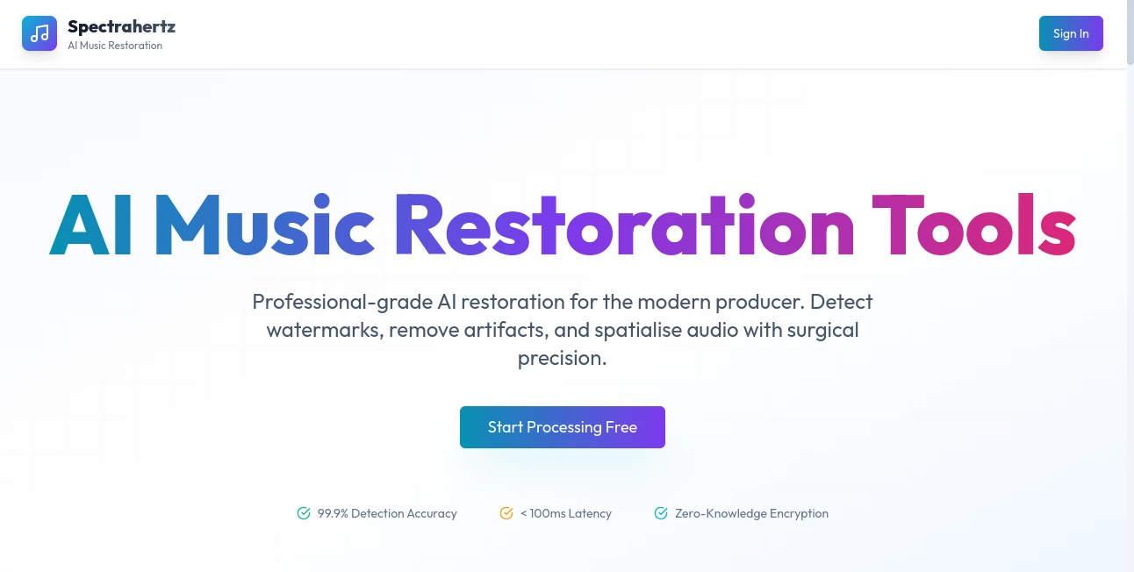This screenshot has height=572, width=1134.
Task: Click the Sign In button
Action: tap(1071, 33)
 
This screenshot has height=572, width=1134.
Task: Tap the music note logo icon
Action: tap(39, 33)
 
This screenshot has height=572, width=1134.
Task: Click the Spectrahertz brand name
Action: tap(121, 27)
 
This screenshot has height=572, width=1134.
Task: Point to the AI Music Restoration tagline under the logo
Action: tap(115, 46)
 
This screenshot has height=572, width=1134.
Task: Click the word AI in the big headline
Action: tap(91, 224)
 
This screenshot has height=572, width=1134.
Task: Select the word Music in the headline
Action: tap(264, 224)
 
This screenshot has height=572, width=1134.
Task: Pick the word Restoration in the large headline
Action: tap(624, 224)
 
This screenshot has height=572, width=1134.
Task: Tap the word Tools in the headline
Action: tap(973, 224)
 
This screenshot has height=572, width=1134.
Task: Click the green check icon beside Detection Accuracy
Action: tap(304, 513)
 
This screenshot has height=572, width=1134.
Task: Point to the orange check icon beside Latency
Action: tap(506, 513)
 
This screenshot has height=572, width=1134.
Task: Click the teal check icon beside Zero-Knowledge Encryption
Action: tap(661, 513)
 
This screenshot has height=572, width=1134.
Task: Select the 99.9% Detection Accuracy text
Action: tap(387, 513)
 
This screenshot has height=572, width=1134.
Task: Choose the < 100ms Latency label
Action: tap(566, 513)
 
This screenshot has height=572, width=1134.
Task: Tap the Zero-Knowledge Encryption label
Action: tap(751, 513)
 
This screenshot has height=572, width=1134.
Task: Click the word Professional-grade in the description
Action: tap(341, 302)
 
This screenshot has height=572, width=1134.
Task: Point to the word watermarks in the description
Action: tap(325, 330)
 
